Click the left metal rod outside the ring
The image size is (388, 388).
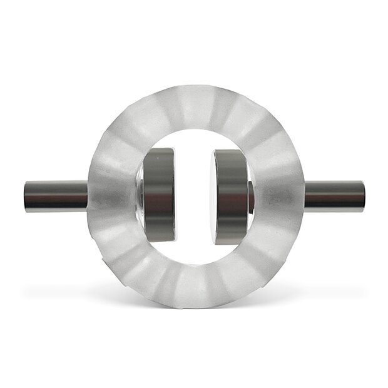56,195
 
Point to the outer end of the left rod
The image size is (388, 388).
26,195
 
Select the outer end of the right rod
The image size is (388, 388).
362,195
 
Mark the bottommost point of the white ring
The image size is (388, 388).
195,306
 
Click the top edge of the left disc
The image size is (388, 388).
159,150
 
